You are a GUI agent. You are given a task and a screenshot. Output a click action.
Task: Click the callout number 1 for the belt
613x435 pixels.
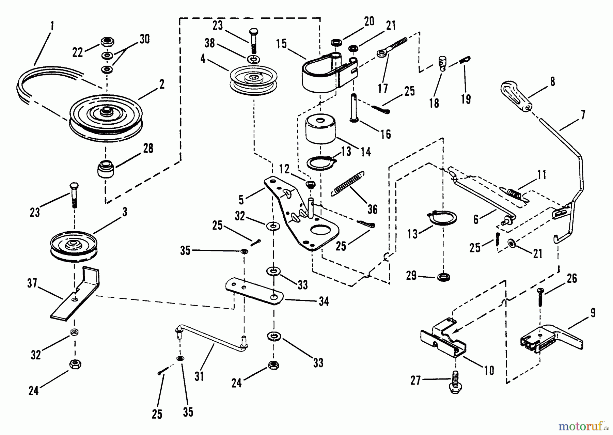pyautogui.click(x=52, y=26)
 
